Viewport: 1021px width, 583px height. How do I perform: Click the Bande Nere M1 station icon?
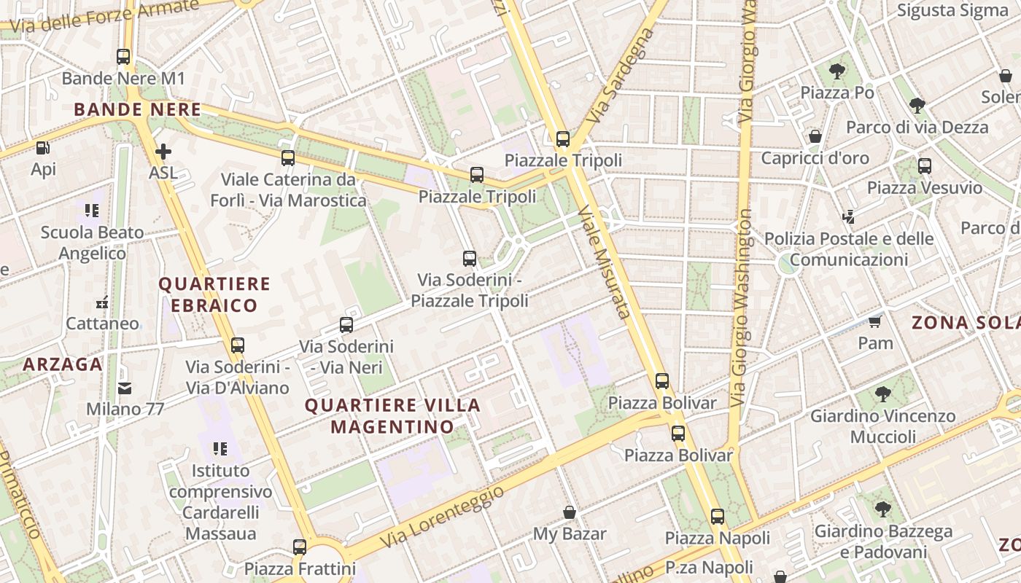coord(123,56)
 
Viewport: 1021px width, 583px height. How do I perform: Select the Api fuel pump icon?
coord(43,148)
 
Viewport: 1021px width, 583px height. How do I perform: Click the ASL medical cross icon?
coord(163,152)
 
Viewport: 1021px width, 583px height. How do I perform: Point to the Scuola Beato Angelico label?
coord(92,243)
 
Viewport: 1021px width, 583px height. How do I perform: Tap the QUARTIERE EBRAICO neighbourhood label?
coord(214,294)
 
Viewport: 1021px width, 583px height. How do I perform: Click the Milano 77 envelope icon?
coord(125,388)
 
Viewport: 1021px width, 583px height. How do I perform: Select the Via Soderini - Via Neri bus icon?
coord(346,325)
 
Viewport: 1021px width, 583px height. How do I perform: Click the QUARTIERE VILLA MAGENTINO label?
coord(392,416)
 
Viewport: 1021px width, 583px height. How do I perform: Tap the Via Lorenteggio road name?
coord(442,517)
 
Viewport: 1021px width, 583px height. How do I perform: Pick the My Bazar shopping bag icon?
coord(570,512)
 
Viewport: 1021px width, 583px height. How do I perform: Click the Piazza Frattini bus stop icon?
coord(299,547)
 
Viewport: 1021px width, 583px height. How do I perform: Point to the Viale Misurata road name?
coord(605,262)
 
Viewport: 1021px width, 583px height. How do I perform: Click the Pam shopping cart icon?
coord(875,321)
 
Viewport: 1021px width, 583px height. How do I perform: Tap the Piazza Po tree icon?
coord(837,71)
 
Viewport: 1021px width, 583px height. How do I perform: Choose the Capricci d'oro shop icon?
coord(815,136)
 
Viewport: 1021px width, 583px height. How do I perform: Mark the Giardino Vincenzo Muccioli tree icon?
coord(883,394)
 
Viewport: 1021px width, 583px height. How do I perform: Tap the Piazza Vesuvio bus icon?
coord(925,165)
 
